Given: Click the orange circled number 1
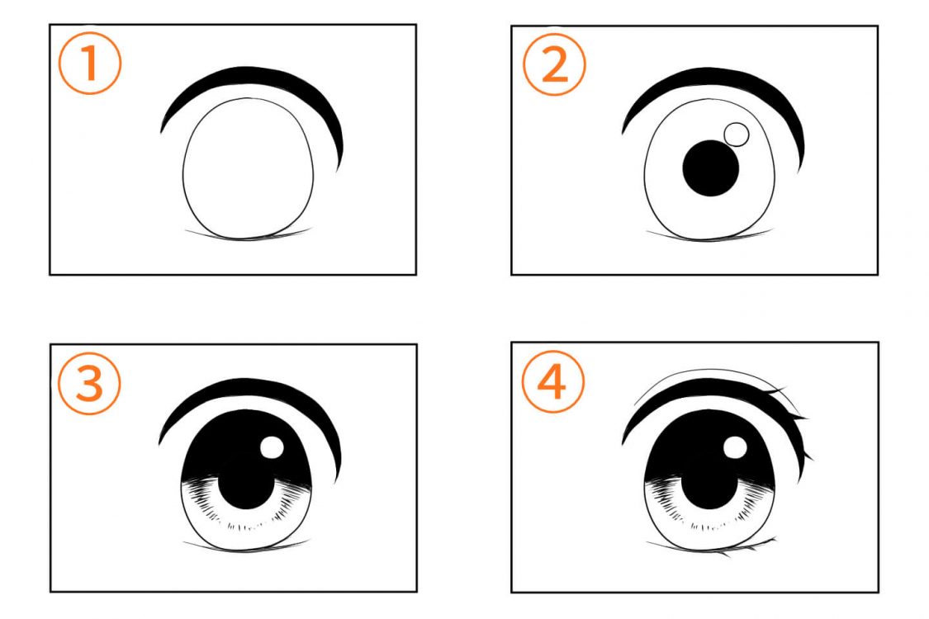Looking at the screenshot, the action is point(90,63).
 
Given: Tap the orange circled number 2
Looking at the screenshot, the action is point(555,64).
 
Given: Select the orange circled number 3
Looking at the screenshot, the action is point(89,383).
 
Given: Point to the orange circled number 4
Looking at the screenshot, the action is point(552,382).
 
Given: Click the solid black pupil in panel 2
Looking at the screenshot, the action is point(711,168).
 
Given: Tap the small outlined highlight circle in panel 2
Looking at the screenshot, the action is point(737,135).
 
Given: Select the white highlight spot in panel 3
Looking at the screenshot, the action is point(272,447).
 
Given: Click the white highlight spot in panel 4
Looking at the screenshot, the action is point(735,447).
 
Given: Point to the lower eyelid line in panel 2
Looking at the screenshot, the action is point(710,239).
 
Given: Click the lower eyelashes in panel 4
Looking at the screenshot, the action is point(747,549).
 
